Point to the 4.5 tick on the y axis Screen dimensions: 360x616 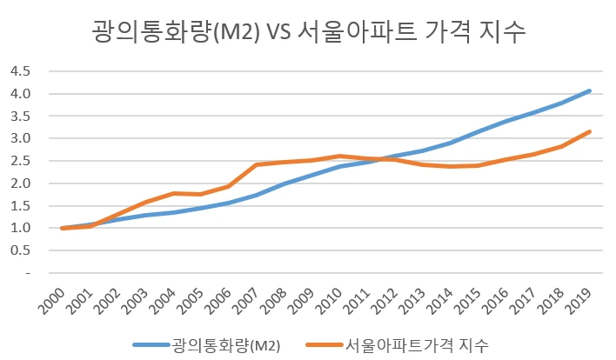click(x=20, y=70)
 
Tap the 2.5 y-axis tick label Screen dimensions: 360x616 click(x=20, y=161)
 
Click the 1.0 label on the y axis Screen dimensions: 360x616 click(x=20, y=228)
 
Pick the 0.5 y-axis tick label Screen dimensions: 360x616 click(x=20, y=250)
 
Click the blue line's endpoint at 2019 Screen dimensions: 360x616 click(x=590, y=90)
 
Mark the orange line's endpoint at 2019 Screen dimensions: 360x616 click(x=590, y=131)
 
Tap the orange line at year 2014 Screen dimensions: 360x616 click(x=451, y=166)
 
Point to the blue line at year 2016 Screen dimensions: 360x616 click(x=506, y=121)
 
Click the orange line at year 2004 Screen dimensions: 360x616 click(x=174, y=193)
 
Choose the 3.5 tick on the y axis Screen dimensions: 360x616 click(x=20, y=116)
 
